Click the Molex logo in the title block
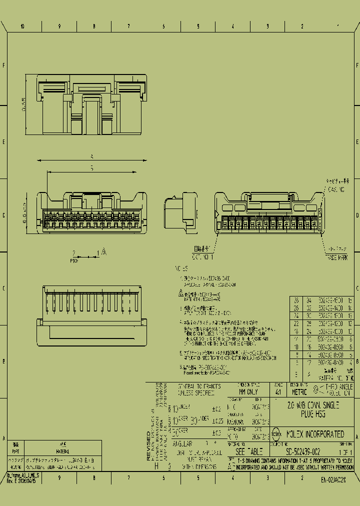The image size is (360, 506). click(x=276, y=434)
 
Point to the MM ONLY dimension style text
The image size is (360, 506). click(x=241, y=392)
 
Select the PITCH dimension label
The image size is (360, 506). click(x=75, y=260)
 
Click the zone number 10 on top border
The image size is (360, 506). click(x=22, y=26)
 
